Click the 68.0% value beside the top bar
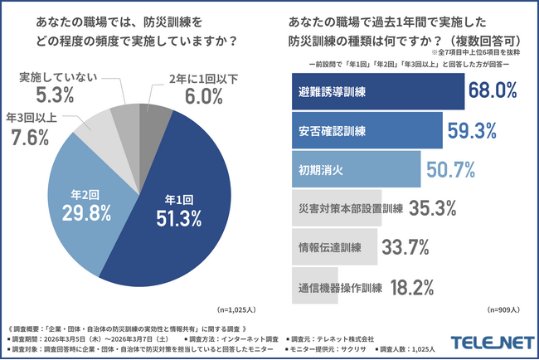pos(496,92)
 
